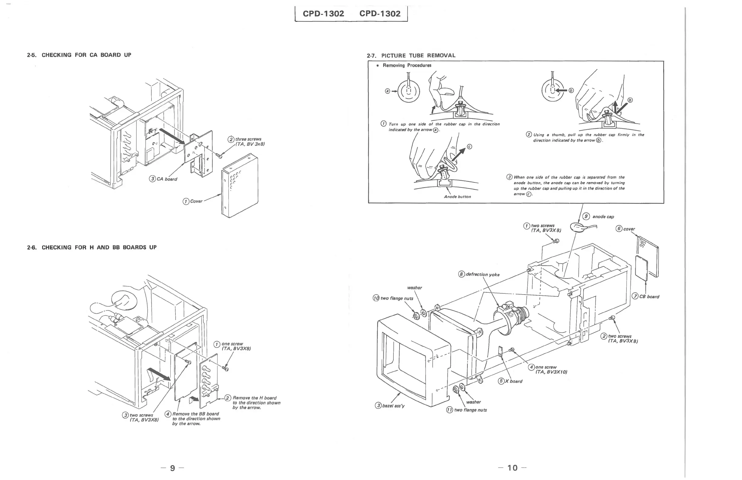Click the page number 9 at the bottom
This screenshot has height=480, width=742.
coord(172,468)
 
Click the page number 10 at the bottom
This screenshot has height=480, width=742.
coord(512,468)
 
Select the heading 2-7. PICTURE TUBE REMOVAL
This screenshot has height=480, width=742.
coord(411,55)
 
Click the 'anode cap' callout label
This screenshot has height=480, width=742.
coord(603,217)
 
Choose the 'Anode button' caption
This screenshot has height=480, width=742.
coord(457,197)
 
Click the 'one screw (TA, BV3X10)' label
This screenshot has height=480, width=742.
coord(550,370)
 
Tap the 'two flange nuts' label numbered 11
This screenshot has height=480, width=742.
coord(470,410)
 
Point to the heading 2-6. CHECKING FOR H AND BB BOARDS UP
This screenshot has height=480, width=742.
coord(92,248)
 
